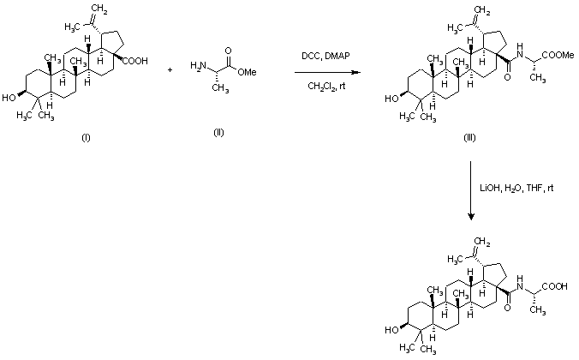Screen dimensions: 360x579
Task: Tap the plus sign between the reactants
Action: point(170,69)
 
